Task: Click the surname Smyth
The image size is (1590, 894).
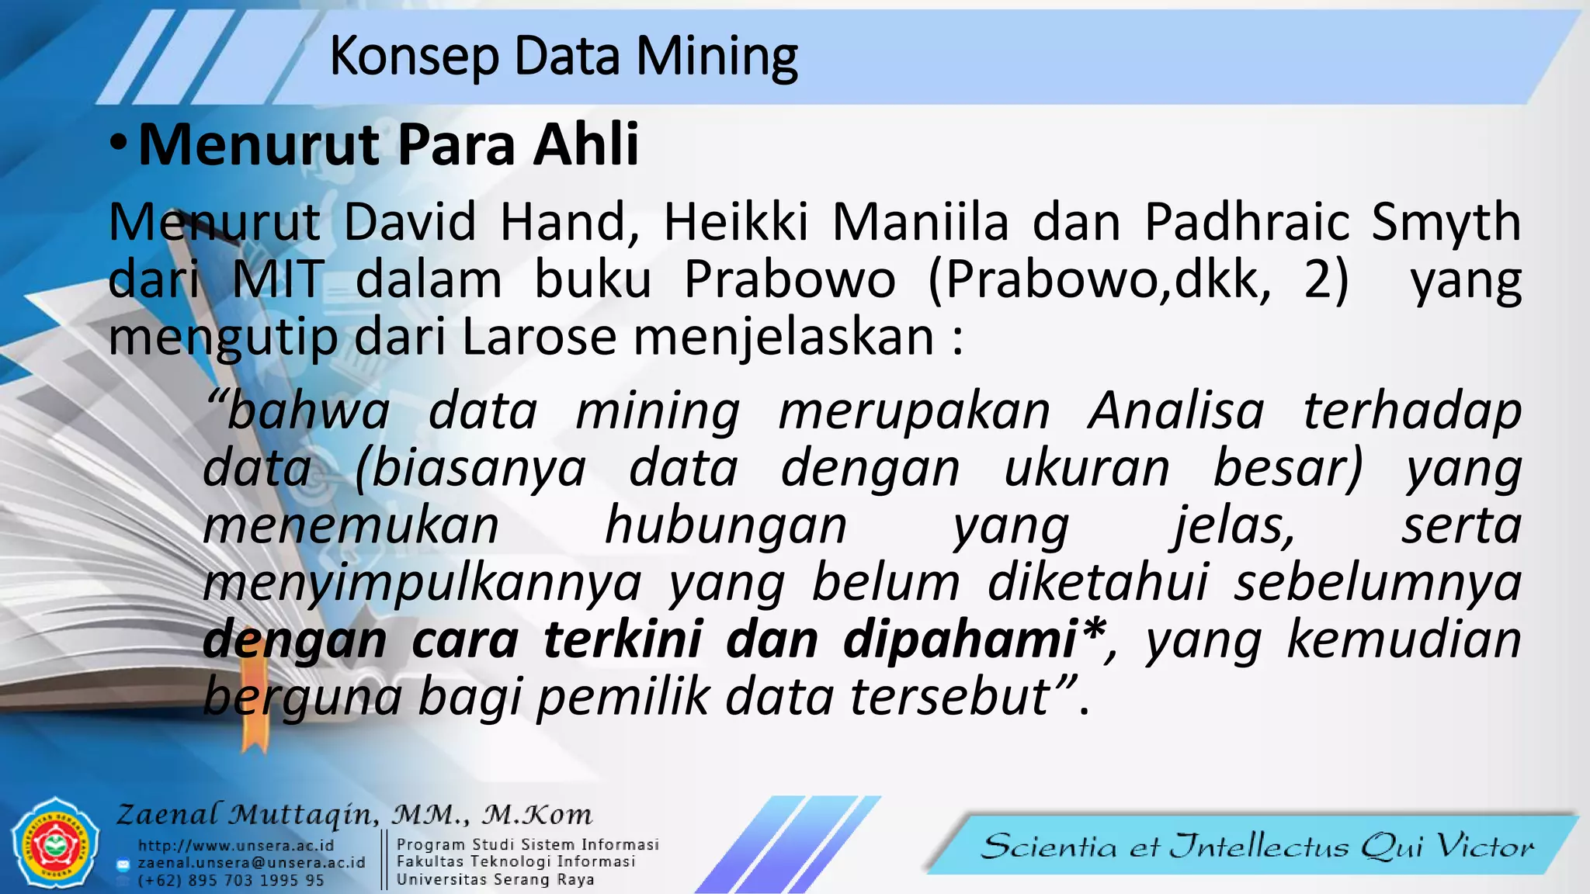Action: (1446, 223)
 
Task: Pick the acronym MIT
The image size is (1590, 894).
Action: (277, 279)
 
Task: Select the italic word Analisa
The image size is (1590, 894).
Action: (1175, 411)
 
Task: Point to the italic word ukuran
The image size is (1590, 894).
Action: (1086, 468)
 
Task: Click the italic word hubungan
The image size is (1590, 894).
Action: (725, 525)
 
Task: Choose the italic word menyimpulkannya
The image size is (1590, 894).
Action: (422, 583)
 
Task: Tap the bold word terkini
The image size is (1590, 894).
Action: (623, 640)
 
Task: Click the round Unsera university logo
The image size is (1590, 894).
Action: (54, 843)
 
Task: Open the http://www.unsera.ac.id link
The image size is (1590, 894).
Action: (236, 846)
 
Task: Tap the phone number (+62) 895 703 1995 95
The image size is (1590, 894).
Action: (231, 881)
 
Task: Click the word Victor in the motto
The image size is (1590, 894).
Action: (1484, 846)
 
